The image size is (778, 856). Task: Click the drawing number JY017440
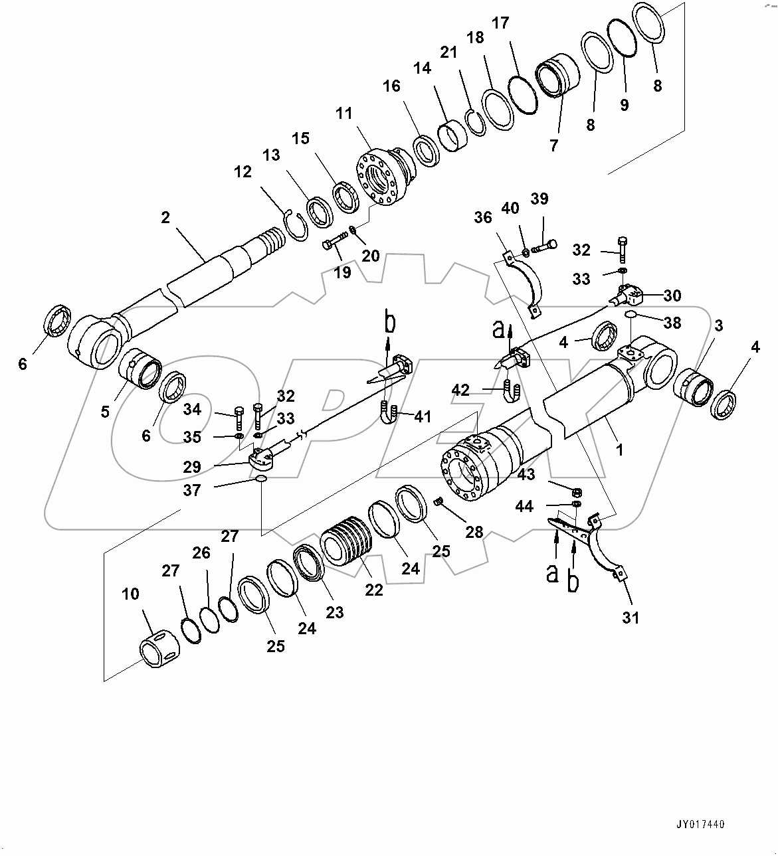pos(701,824)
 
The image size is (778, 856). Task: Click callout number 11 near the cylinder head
pos(343,114)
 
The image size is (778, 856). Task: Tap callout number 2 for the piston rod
pos(165,217)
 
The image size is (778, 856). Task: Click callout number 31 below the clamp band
pos(630,618)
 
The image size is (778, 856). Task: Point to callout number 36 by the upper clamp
pos(484,218)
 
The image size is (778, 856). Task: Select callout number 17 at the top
pos(500,23)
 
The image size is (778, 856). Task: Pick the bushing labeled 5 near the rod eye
pos(140,369)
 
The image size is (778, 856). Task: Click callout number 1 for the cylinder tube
pos(619,450)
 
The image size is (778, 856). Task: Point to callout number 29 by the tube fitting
pos(192,467)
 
